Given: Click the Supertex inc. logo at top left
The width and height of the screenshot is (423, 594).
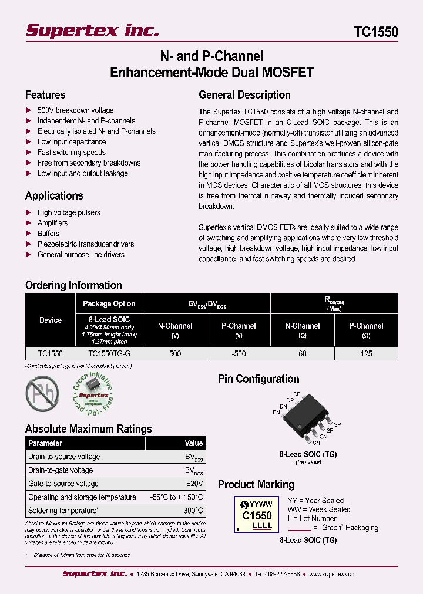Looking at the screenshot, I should tap(92, 30).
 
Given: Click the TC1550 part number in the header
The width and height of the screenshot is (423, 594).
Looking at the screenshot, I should tap(376, 32).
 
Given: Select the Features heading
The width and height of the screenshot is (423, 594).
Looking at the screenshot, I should tap(45, 95).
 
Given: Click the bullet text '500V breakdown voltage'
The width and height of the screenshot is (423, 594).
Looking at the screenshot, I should tap(75, 110).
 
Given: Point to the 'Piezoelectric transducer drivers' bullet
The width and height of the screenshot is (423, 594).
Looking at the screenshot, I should tap(85, 244).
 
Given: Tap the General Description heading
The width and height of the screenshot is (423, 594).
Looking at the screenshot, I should tap(244, 95).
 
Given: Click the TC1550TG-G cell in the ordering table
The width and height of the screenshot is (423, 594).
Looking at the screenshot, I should tap(109, 354).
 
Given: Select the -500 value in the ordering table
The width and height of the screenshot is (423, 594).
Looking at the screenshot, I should tap(238, 354).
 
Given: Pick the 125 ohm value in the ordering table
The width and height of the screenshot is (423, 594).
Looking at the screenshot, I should tap(366, 354).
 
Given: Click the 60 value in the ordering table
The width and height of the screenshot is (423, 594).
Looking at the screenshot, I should tap(302, 354).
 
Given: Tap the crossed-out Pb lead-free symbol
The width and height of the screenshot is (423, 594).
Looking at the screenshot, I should tap(42, 393).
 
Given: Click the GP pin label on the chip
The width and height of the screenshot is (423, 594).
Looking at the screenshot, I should tap(337, 423).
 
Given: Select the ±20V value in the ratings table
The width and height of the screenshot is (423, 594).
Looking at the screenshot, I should tap(194, 484).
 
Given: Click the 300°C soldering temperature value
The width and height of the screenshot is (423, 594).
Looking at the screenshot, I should tap(192, 511).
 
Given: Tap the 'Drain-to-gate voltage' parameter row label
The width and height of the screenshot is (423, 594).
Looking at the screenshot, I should tap(61, 470).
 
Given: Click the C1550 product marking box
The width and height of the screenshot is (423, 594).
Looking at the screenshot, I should tap(257, 514).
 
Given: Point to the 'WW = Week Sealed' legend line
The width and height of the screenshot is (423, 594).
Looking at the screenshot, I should tap(319, 509).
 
